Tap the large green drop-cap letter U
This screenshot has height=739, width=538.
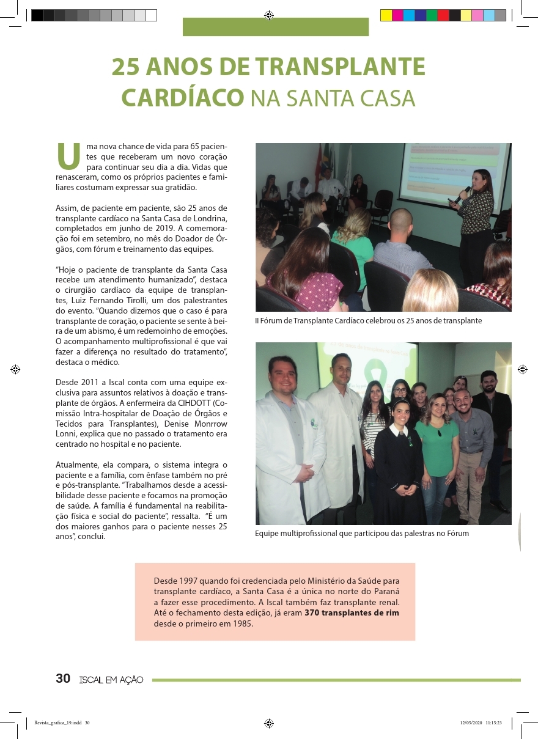(68, 156)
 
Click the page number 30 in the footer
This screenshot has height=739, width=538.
(63, 678)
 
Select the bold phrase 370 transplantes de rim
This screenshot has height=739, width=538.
(352, 613)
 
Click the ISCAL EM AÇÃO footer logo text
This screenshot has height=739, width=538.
(111, 679)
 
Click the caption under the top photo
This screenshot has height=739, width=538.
(369, 320)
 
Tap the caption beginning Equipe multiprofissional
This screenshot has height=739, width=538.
(362, 534)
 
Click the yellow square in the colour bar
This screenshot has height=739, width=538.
(386, 16)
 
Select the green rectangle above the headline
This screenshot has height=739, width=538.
(276, 27)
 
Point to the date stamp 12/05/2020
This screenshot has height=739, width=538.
(471, 722)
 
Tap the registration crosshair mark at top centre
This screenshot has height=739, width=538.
(269, 15)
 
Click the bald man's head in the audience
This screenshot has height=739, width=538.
(401, 221)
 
